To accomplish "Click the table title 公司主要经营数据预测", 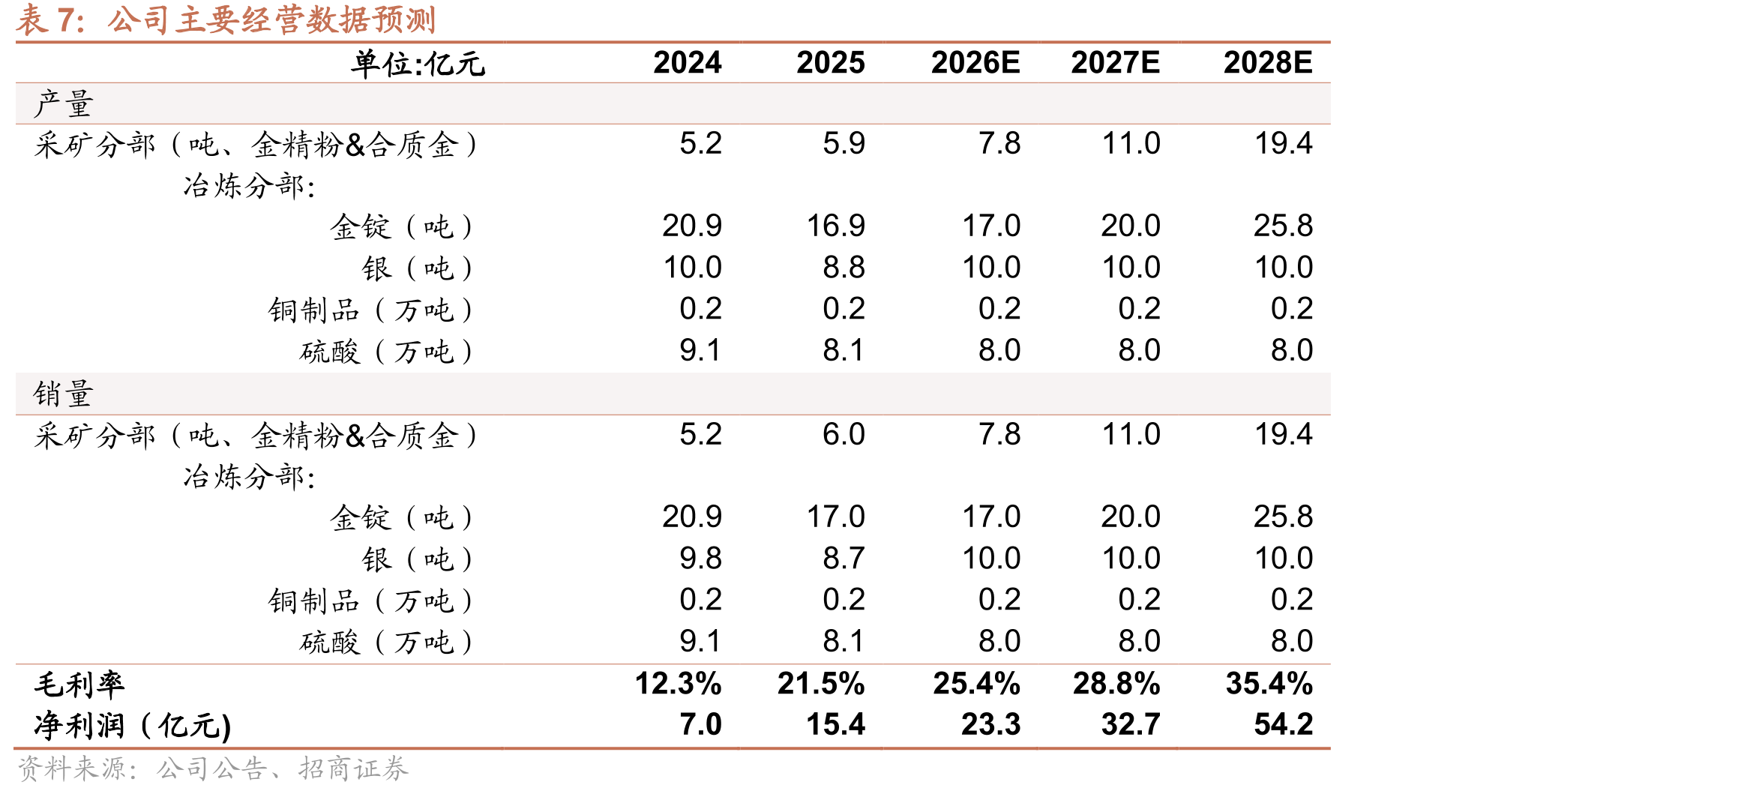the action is (x=271, y=19).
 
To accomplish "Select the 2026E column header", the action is (x=975, y=63).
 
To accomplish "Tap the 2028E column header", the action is (x=1268, y=63).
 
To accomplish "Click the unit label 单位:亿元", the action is (x=418, y=64).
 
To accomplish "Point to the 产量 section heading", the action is (x=64, y=103).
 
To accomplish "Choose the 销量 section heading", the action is (x=64, y=394).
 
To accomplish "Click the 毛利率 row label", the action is (x=79, y=684).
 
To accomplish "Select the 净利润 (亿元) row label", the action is (x=132, y=725).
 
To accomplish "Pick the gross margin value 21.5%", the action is (x=821, y=683).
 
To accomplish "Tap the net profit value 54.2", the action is (x=1284, y=724).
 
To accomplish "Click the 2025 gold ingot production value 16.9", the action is (x=835, y=226).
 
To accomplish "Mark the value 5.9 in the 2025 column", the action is (x=844, y=143).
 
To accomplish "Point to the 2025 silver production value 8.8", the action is (x=844, y=267).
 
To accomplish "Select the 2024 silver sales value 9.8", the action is (x=700, y=558).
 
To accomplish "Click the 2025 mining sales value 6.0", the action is (x=844, y=434).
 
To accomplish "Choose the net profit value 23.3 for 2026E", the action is (x=990, y=724).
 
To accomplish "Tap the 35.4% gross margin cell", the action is (x=1269, y=683).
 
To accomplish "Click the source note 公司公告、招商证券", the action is (x=283, y=769).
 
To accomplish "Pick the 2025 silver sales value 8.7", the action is (x=844, y=558).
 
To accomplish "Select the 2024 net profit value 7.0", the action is (x=700, y=724).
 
